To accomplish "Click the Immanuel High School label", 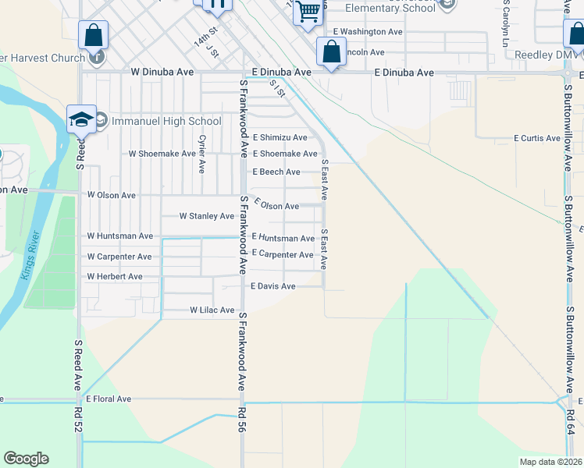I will (166, 121).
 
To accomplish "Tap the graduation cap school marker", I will (81, 119).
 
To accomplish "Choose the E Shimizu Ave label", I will (279, 137).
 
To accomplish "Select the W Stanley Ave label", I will (206, 216).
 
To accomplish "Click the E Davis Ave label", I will (272, 286).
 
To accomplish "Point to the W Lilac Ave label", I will (212, 310).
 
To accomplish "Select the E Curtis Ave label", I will (536, 138).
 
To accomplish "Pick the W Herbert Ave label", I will (114, 276).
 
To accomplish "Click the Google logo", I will (26, 459).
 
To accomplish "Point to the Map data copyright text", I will (550, 462).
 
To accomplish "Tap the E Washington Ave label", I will (367, 32).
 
